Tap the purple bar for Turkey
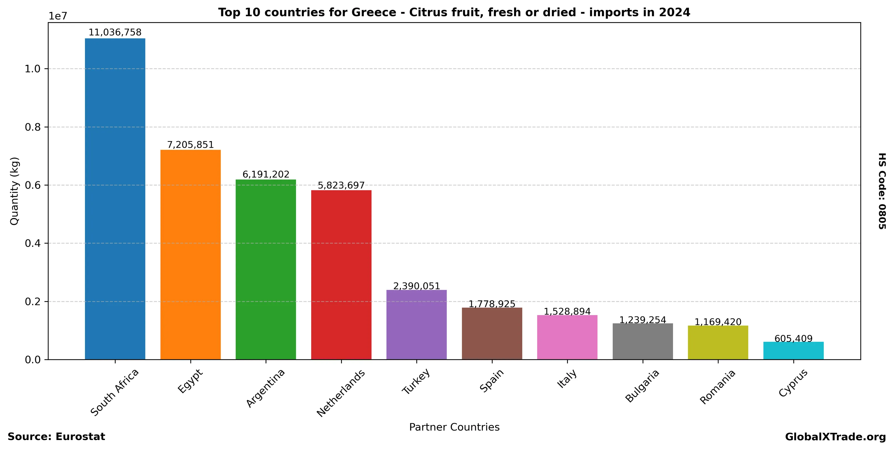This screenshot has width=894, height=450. (416, 325)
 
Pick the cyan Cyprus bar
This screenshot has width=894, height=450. (793, 351)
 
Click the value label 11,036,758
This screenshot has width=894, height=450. (115, 33)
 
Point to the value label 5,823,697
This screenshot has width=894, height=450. (341, 185)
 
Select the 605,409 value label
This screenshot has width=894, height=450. (793, 339)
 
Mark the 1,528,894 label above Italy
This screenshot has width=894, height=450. (567, 311)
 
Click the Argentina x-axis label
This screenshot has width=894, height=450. (266, 388)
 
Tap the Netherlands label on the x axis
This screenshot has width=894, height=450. (341, 393)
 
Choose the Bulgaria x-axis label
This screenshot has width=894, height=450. (642, 386)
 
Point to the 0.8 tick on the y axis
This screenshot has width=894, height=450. (33, 127)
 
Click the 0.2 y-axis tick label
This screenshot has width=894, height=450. (33, 301)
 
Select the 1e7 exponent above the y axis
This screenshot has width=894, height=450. (58, 16)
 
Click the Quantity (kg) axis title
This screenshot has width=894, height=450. (14, 191)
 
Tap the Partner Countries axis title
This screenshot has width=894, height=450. (454, 427)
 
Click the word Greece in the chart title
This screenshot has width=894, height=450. (374, 12)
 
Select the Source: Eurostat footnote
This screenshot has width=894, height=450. (56, 437)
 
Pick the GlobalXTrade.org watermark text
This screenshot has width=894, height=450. (835, 437)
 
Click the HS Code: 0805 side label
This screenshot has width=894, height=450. (882, 191)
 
